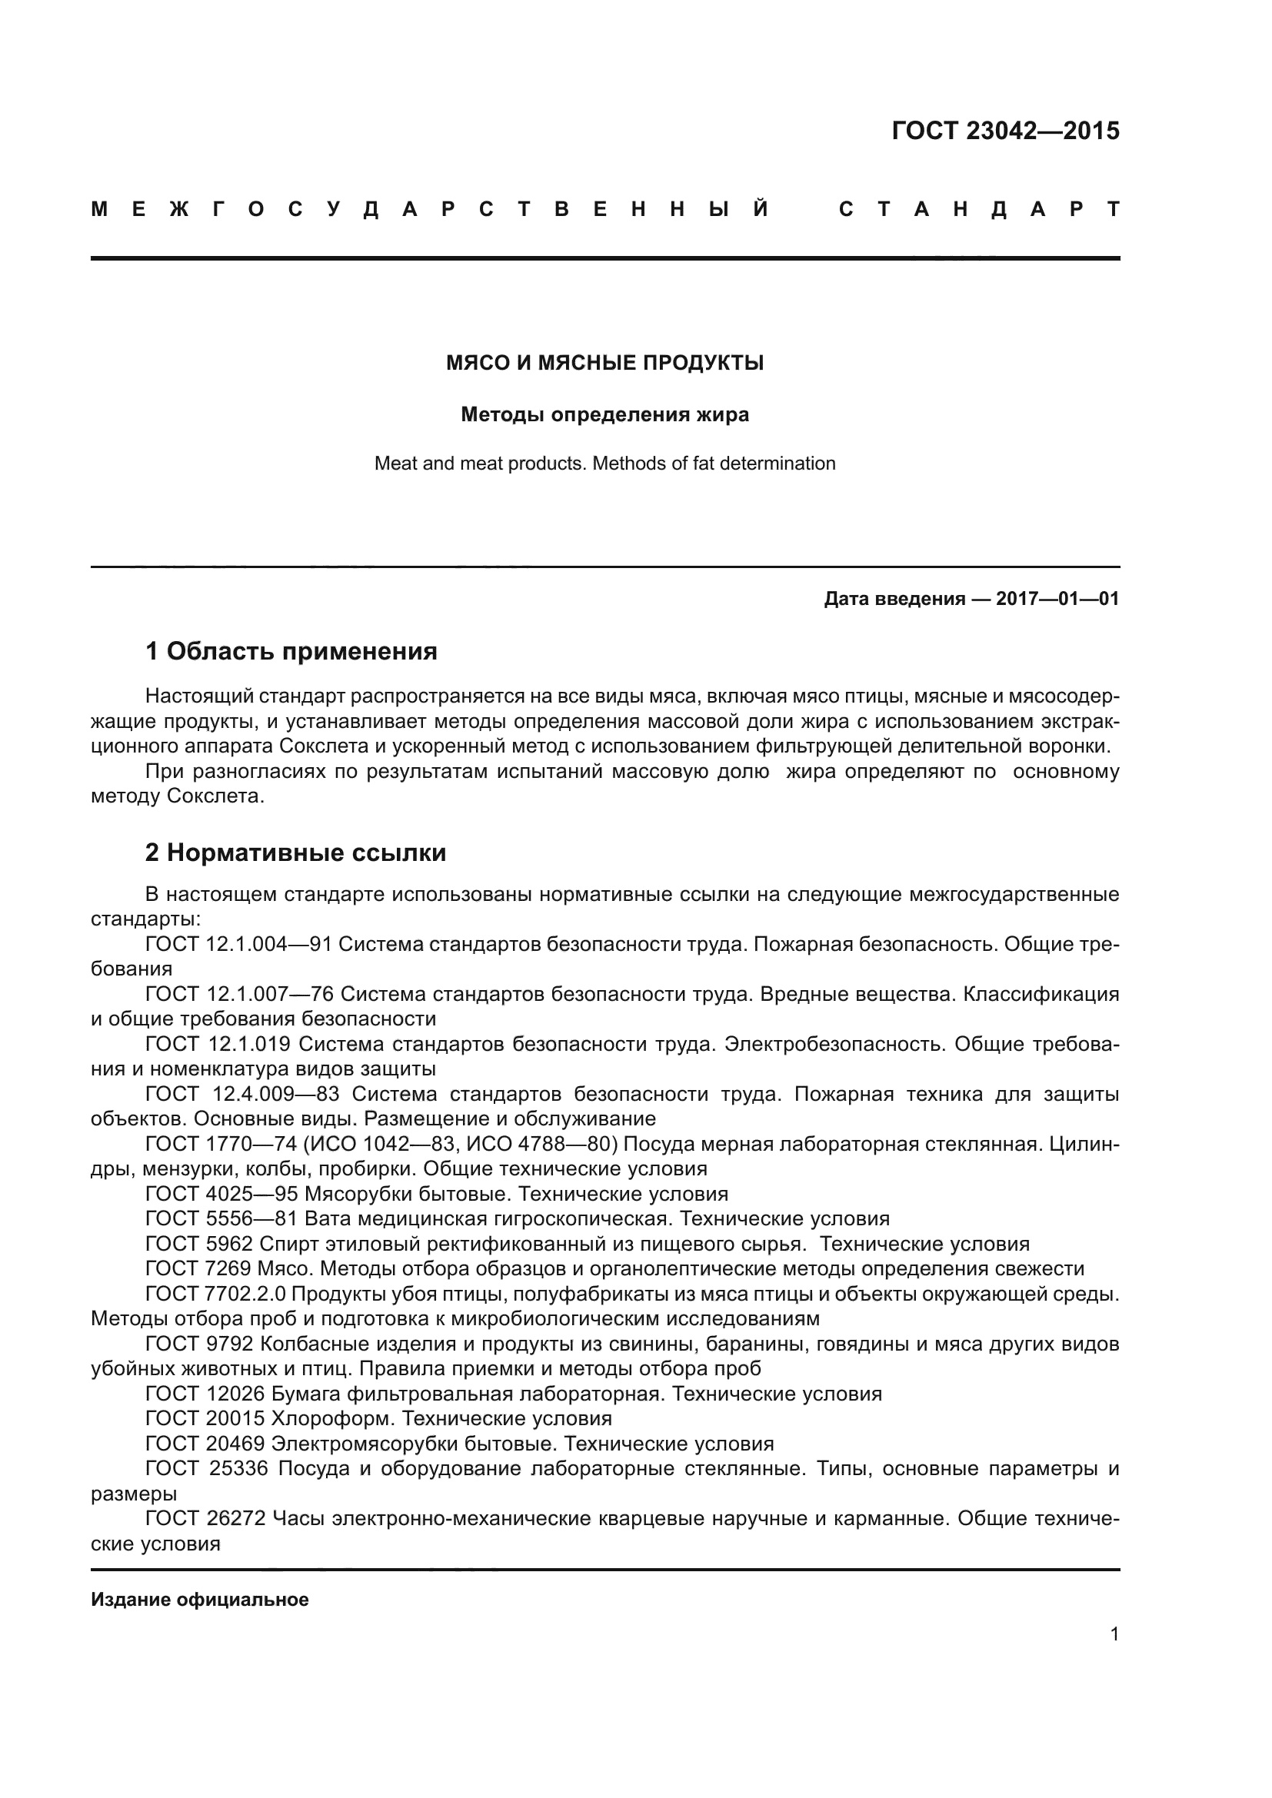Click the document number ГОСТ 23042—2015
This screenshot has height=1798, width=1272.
tap(1005, 131)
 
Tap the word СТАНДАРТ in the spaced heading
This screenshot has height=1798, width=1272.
tap(978, 210)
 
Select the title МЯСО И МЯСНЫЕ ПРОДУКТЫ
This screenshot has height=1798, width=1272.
tap(604, 364)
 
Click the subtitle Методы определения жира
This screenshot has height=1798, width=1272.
tap(604, 414)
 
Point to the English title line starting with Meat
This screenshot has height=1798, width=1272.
tap(604, 464)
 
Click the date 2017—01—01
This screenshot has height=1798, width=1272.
tap(1057, 600)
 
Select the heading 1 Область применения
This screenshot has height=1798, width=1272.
tap(291, 651)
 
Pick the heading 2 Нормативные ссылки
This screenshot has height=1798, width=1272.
tap(295, 852)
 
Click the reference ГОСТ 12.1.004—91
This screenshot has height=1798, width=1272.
tap(238, 945)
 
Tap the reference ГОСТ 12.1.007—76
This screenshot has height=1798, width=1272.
tap(239, 995)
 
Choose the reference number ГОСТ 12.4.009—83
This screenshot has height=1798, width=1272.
tap(242, 1095)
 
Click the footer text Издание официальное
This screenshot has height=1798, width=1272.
tap(200, 1600)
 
